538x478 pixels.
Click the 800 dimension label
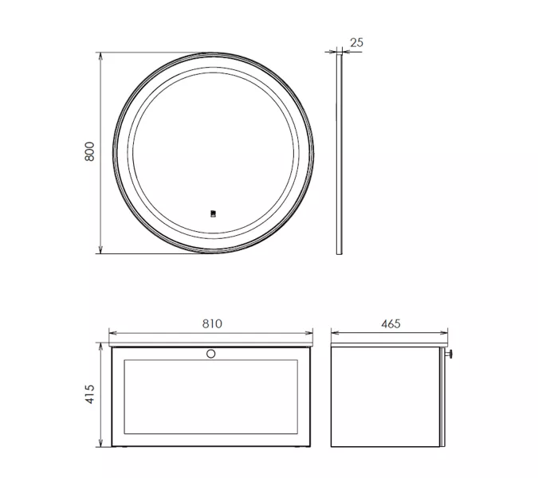click(x=89, y=151)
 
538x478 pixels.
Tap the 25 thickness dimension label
click(x=356, y=42)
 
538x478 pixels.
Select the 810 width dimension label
click(x=212, y=323)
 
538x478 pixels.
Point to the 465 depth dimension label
click(x=391, y=323)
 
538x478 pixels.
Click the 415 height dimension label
click(x=89, y=394)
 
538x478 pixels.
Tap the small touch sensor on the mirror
click(x=213, y=214)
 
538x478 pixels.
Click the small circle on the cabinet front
click(x=210, y=354)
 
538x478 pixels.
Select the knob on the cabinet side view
click(x=449, y=355)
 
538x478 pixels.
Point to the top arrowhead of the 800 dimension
click(x=100, y=57)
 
